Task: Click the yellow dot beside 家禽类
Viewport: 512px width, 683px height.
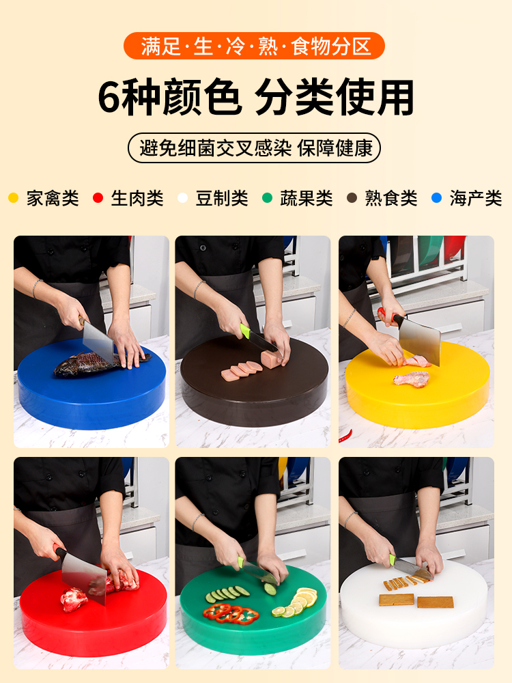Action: click(14, 198)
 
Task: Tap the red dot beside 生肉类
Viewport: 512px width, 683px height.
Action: click(98, 198)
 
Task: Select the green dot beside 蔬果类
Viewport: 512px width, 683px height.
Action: click(267, 198)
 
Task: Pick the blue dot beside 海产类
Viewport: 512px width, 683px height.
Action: click(436, 198)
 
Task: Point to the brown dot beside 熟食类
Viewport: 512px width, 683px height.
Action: click(352, 198)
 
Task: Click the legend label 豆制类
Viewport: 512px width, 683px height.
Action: click(222, 198)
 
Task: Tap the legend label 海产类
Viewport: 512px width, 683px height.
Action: click(476, 198)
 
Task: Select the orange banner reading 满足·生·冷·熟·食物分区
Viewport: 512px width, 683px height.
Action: click(254, 46)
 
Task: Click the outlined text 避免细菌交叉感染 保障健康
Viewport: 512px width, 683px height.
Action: click(255, 148)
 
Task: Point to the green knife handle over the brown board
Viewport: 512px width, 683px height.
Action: click(245, 330)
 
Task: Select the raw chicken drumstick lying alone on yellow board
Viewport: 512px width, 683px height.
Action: click(411, 378)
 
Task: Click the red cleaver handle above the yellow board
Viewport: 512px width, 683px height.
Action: click(388, 316)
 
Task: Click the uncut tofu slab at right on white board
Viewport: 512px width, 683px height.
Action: click(436, 602)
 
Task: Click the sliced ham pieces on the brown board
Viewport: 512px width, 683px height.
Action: click(242, 370)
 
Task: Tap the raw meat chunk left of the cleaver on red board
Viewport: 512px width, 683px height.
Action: click(73, 598)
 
